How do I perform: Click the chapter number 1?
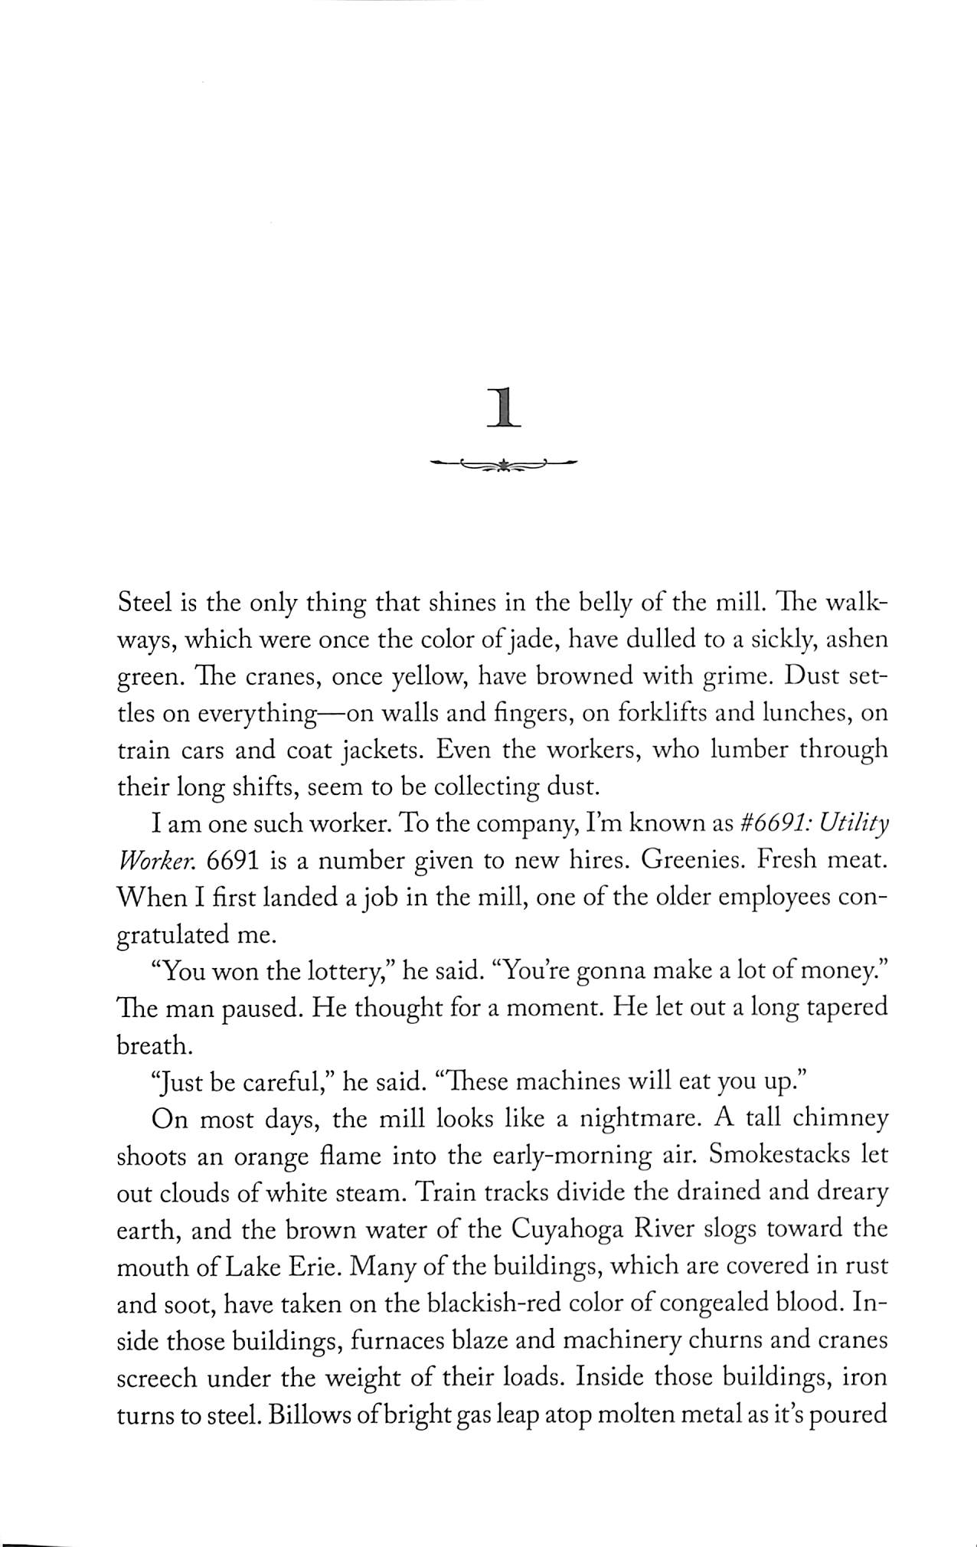click(x=503, y=406)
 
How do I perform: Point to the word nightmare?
click(x=640, y=1118)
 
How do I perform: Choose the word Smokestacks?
click(x=766, y=1155)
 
